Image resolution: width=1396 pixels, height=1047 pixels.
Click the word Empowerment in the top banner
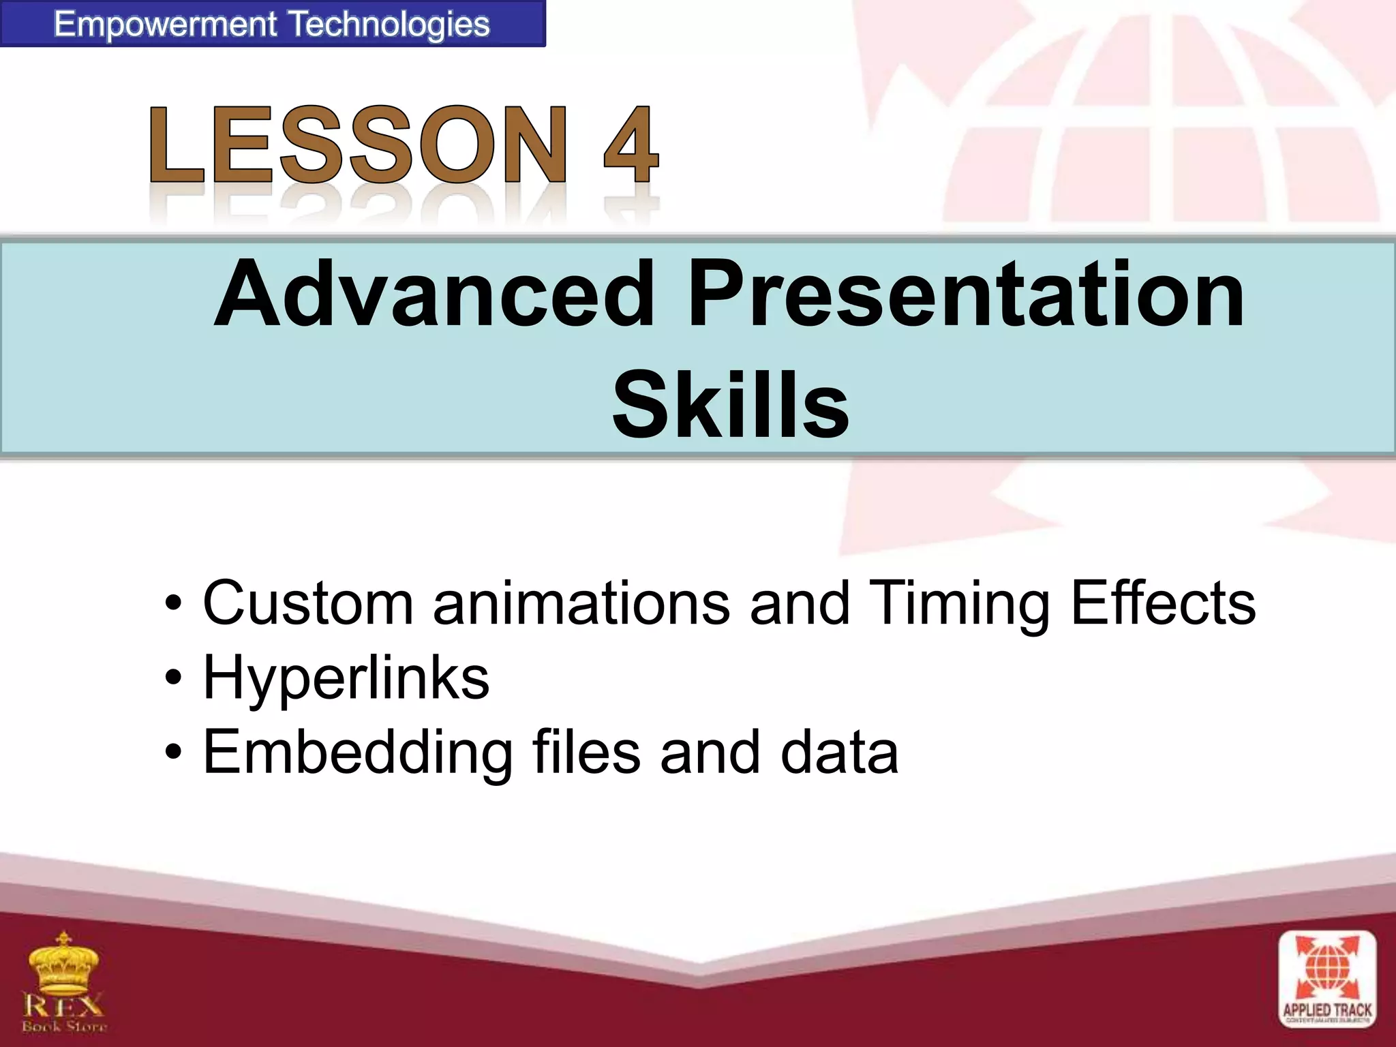[166, 25]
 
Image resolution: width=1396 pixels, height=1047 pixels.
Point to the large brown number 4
[631, 145]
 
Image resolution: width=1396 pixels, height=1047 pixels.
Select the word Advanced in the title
[434, 294]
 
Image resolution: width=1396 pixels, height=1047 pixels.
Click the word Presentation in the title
[966, 294]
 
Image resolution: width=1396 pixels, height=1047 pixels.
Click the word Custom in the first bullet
[308, 603]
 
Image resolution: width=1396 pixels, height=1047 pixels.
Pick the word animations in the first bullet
[581, 603]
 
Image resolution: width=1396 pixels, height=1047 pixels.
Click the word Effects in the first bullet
[1163, 603]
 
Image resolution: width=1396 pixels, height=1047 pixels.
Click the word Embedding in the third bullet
[358, 754]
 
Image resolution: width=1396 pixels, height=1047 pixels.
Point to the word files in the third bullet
[586, 753]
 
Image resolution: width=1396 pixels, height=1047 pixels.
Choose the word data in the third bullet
[838, 753]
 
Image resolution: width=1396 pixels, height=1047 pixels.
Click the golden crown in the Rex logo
[63, 965]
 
